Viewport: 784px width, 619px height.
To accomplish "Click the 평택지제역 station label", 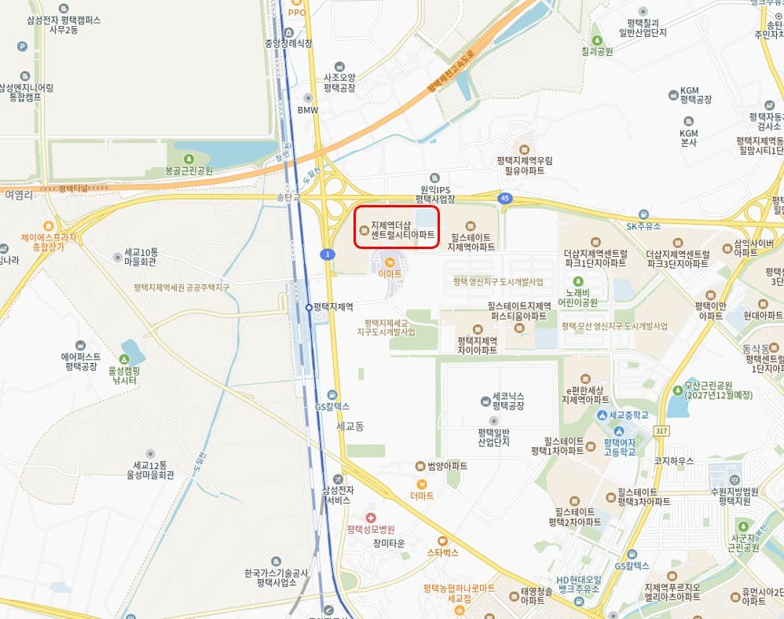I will pyautogui.click(x=333, y=306).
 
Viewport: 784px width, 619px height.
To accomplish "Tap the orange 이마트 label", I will pyautogui.click(x=390, y=273).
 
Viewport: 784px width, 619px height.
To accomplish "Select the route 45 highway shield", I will pyautogui.click(x=504, y=199).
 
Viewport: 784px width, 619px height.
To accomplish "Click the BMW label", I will pyautogui.click(x=308, y=110).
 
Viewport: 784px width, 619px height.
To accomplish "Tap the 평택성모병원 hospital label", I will pyautogui.click(x=371, y=529).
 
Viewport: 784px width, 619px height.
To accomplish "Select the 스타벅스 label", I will pyautogui.click(x=442, y=552).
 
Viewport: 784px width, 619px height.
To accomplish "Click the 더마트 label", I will pyautogui.click(x=422, y=496).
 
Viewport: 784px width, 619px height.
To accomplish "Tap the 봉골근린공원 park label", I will pyautogui.click(x=189, y=170).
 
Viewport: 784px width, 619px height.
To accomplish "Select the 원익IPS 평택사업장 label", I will pyautogui.click(x=434, y=194).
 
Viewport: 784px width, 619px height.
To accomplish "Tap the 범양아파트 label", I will pyautogui.click(x=447, y=466).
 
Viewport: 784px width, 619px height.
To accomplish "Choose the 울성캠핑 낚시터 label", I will pyautogui.click(x=123, y=375).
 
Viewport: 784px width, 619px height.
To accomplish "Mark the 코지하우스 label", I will pyautogui.click(x=668, y=461).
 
